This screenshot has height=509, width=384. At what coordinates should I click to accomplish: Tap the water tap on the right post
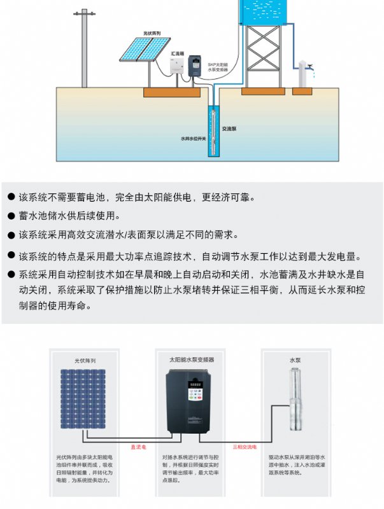(309, 67)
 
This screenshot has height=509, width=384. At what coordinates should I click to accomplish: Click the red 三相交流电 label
(245, 447)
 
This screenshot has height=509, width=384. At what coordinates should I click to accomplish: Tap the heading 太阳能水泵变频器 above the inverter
(192, 359)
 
